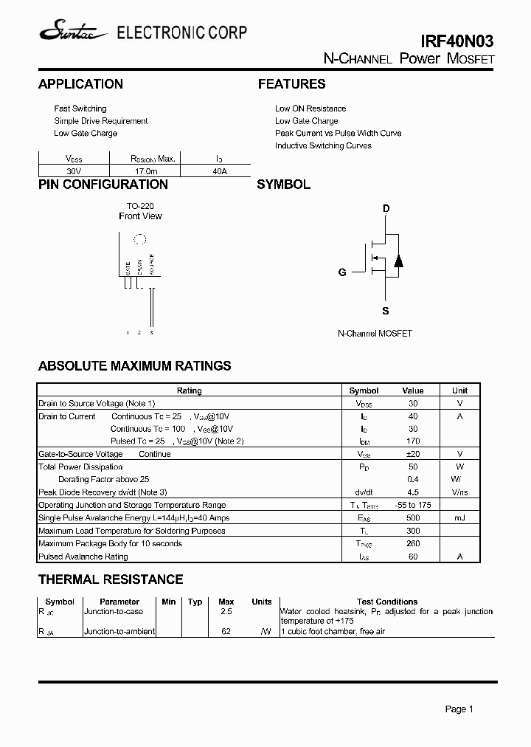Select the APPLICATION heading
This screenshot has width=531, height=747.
point(80,84)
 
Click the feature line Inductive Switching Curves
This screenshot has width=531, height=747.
point(323,145)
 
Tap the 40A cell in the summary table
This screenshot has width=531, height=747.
point(219,171)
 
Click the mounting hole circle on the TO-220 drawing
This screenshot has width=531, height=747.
point(139,239)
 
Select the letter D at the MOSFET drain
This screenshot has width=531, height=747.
point(386,209)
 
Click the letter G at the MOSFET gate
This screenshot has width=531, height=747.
point(342,272)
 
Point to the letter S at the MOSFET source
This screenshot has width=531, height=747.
point(386,311)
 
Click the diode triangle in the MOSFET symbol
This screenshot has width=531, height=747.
point(398,260)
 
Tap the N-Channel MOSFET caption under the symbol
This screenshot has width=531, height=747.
point(375,334)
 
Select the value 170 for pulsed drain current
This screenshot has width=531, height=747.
point(413,441)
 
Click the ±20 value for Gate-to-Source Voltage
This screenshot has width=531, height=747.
point(413,454)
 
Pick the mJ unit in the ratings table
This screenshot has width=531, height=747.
point(459,518)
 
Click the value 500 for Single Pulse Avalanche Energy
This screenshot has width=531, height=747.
point(413,518)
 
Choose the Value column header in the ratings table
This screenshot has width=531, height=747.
point(413,390)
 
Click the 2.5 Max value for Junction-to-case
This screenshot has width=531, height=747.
point(226,612)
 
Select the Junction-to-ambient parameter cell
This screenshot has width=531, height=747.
point(119,631)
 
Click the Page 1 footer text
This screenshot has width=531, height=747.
point(459,709)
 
